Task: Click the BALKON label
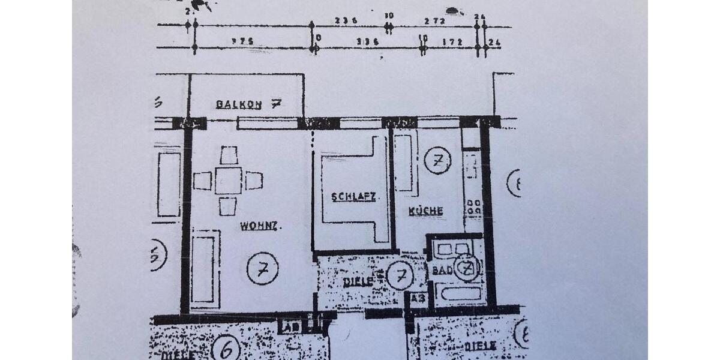coord(238,104)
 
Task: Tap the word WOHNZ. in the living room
coord(261,226)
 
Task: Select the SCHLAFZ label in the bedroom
coord(353,196)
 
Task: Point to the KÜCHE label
coord(426,211)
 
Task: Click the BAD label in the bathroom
coord(442,270)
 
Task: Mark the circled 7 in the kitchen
coord(437,161)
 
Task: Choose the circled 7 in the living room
coord(262,269)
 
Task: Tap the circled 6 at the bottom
coord(226,347)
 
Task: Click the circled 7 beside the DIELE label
coord(400,276)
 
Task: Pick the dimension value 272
coord(434,20)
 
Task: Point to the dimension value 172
coord(452,43)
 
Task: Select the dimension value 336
coord(367,43)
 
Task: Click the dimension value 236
coord(346,20)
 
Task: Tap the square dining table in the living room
coord(228,181)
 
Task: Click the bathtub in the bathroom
coord(460,294)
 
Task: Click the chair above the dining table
coord(229,155)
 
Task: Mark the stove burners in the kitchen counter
coord(473,207)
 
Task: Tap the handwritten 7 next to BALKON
coord(276,103)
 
